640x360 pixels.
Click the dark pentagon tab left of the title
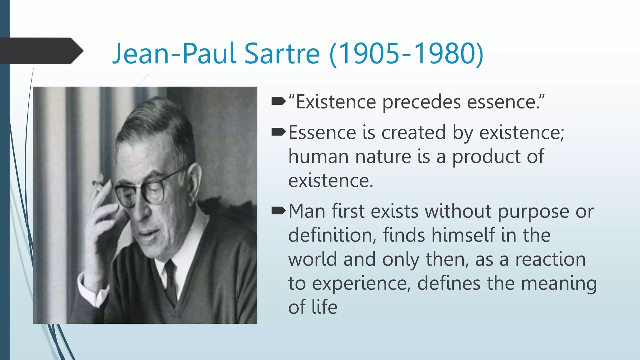pos(41,51)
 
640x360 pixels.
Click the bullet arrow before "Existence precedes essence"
pos(278,101)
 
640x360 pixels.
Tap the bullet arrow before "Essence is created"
pos(278,132)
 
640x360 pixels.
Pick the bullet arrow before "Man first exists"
pos(278,211)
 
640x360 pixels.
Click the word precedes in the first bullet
pos(421,102)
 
